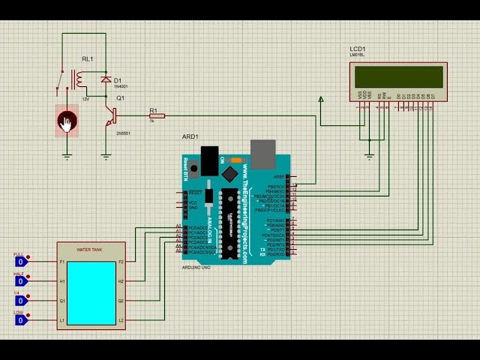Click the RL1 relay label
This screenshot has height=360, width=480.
pyautogui.click(x=87, y=58)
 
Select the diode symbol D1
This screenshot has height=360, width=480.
pyautogui.click(x=106, y=79)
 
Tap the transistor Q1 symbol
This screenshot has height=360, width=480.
pyautogui.click(x=110, y=116)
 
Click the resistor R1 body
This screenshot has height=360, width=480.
pyautogui.click(x=157, y=115)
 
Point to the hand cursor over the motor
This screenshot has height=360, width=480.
pyautogui.click(x=67, y=123)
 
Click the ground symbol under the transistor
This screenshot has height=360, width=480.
pyautogui.click(x=106, y=157)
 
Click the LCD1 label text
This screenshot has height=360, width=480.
pyautogui.click(x=358, y=49)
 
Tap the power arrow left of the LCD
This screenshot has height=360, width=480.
pyautogui.click(x=321, y=98)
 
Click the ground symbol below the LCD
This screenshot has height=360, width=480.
pyautogui.click(x=369, y=155)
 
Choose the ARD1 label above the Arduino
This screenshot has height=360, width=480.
pyautogui.click(x=190, y=136)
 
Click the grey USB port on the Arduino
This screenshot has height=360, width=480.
pyautogui.click(x=262, y=154)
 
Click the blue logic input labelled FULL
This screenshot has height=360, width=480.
pyautogui.click(x=21, y=262)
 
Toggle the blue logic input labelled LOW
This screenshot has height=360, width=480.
pyautogui.click(x=21, y=320)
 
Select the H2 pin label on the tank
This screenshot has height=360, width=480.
pyautogui.click(x=121, y=281)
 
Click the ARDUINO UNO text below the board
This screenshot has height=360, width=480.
pyautogui.click(x=196, y=267)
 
